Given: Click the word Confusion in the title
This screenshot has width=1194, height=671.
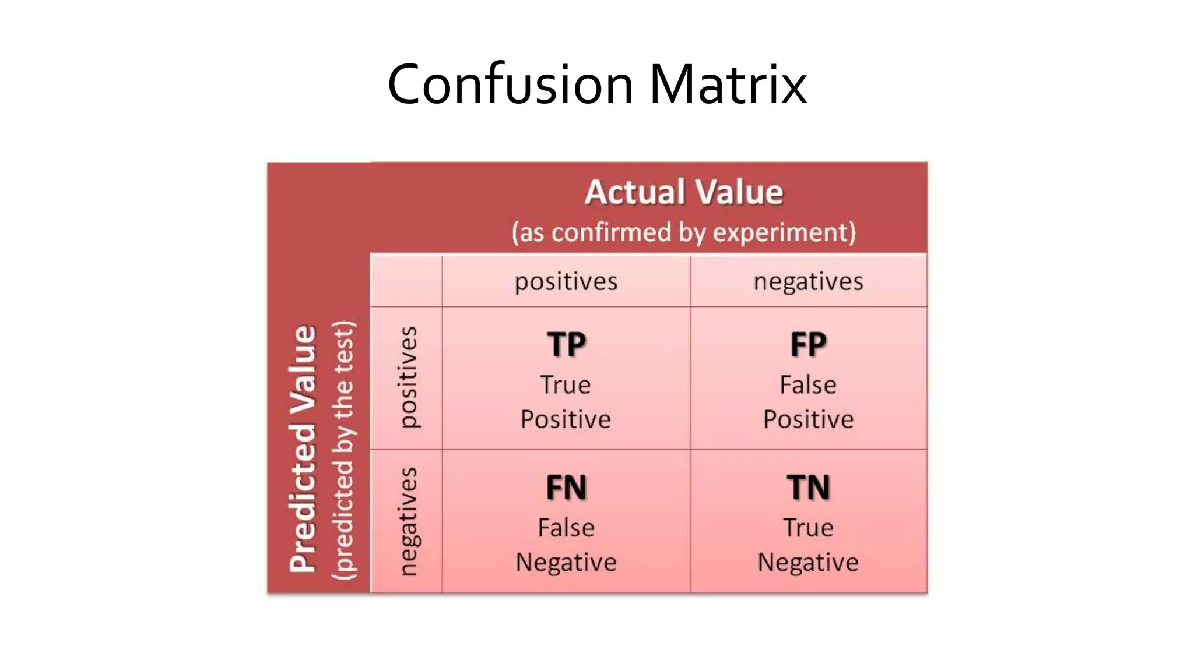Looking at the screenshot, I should (x=510, y=85).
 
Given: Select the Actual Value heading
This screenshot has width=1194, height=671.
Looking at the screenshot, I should (x=684, y=192).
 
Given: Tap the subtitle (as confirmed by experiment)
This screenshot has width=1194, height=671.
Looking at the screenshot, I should (x=684, y=232).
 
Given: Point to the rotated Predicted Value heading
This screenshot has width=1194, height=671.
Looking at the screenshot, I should (x=303, y=448).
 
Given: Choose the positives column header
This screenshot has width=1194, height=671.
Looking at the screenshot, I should (x=566, y=282).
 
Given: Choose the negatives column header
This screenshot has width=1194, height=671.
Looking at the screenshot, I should (x=808, y=282).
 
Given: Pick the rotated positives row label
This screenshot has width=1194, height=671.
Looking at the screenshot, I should (x=408, y=377).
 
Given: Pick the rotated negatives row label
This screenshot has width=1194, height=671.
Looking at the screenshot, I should (x=408, y=521).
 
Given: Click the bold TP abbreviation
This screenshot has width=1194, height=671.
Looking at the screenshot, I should (x=566, y=344).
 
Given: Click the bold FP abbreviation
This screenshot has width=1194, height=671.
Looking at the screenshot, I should (x=808, y=344).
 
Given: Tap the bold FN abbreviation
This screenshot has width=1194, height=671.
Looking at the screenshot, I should (x=566, y=488).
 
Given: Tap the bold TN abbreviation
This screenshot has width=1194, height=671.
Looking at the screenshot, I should (x=808, y=488).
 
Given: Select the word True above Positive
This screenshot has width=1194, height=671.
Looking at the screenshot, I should (x=566, y=385).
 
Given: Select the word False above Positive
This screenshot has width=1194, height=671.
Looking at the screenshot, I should (x=808, y=385).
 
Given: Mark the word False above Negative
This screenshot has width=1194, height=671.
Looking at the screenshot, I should (x=566, y=528).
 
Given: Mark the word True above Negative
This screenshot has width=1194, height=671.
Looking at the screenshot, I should (x=808, y=528).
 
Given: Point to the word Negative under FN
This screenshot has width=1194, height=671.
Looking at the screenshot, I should (x=566, y=563).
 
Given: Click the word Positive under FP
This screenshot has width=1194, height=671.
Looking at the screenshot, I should (x=808, y=419).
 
